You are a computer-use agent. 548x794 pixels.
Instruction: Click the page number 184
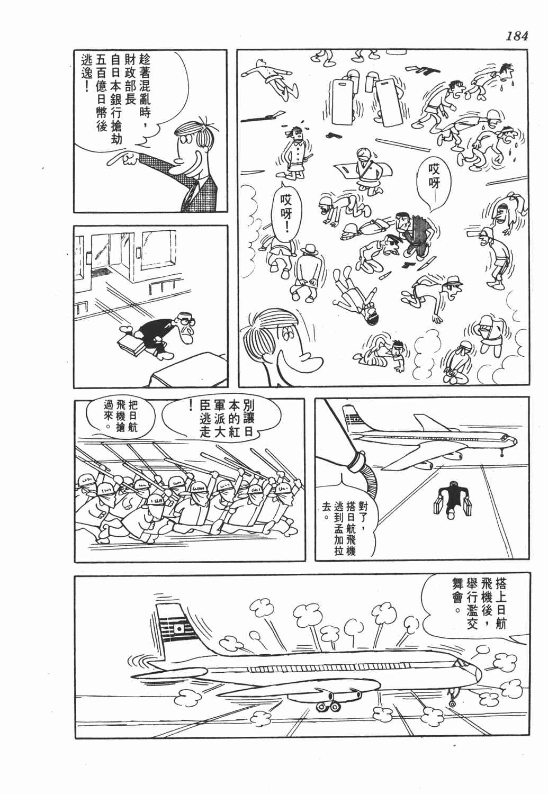pos(516,36)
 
